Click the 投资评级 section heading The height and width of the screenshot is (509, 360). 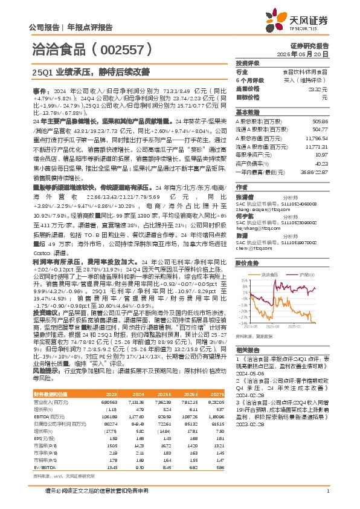point(248,63)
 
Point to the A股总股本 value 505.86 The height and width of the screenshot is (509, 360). point(321,121)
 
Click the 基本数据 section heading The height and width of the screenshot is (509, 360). point(248,112)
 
